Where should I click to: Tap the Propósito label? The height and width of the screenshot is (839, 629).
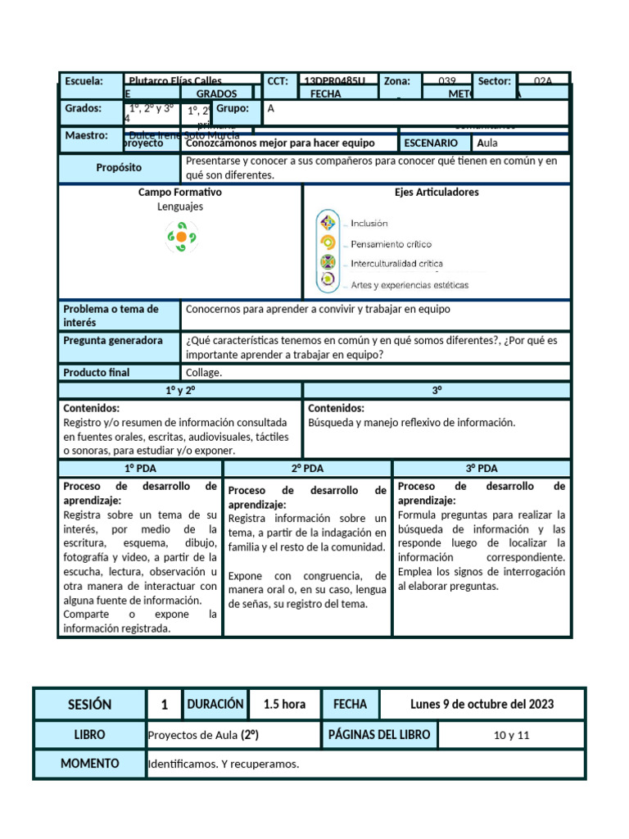pos(119,167)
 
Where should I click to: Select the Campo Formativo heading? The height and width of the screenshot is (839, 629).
pos(180,192)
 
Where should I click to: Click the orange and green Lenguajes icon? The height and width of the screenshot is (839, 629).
pos(181,238)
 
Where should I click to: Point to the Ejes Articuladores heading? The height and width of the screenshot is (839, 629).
pos(437,192)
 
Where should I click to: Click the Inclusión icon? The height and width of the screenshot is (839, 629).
pos(328,223)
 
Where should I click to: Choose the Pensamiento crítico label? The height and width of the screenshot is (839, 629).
pos(391,244)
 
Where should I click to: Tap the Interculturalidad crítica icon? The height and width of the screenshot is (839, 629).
pos(328,263)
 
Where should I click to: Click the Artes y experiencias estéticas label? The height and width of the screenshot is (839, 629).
pos(410,285)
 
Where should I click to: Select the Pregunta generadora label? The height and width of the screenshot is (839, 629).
pos(113,340)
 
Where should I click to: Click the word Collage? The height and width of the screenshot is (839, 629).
pos(204,372)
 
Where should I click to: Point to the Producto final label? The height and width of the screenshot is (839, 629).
pos(97,372)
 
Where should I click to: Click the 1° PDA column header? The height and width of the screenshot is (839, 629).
pos(140,469)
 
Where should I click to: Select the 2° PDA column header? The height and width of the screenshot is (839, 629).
pos(308,469)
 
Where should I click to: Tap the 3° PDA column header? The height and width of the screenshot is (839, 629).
pos(482,469)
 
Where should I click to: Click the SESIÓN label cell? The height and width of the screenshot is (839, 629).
pos(89,705)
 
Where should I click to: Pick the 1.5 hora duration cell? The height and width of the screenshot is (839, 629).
pos(284,705)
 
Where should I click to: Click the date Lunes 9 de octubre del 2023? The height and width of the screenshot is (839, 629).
pos(482,705)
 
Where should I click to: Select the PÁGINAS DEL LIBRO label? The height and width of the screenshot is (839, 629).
pos(378,735)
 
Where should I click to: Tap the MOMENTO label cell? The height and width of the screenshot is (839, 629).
pos(89,764)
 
